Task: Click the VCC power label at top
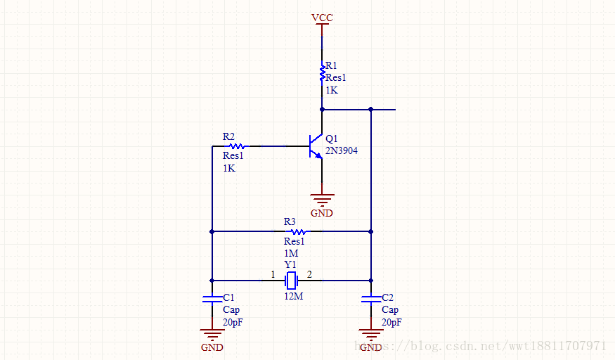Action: (x=322, y=18)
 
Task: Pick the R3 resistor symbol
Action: (x=298, y=231)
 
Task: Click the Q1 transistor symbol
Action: (x=316, y=146)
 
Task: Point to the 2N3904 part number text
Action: (x=342, y=150)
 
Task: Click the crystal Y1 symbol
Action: (x=291, y=281)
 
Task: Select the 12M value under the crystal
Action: (x=293, y=296)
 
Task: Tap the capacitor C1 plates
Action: (x=212, y=299)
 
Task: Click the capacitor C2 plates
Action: (x=371, y=299)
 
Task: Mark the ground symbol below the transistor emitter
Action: (x=322, y=200)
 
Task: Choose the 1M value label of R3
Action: (x=291, y=253)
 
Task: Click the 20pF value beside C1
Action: (x=233, y=322)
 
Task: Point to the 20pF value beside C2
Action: (x=391, y=322)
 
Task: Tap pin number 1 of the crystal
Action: (x=273, y=274)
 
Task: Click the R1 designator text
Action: (x=330, y=65)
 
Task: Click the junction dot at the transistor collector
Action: (x=322, y=110)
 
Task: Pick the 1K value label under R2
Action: (x=228, y=169)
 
